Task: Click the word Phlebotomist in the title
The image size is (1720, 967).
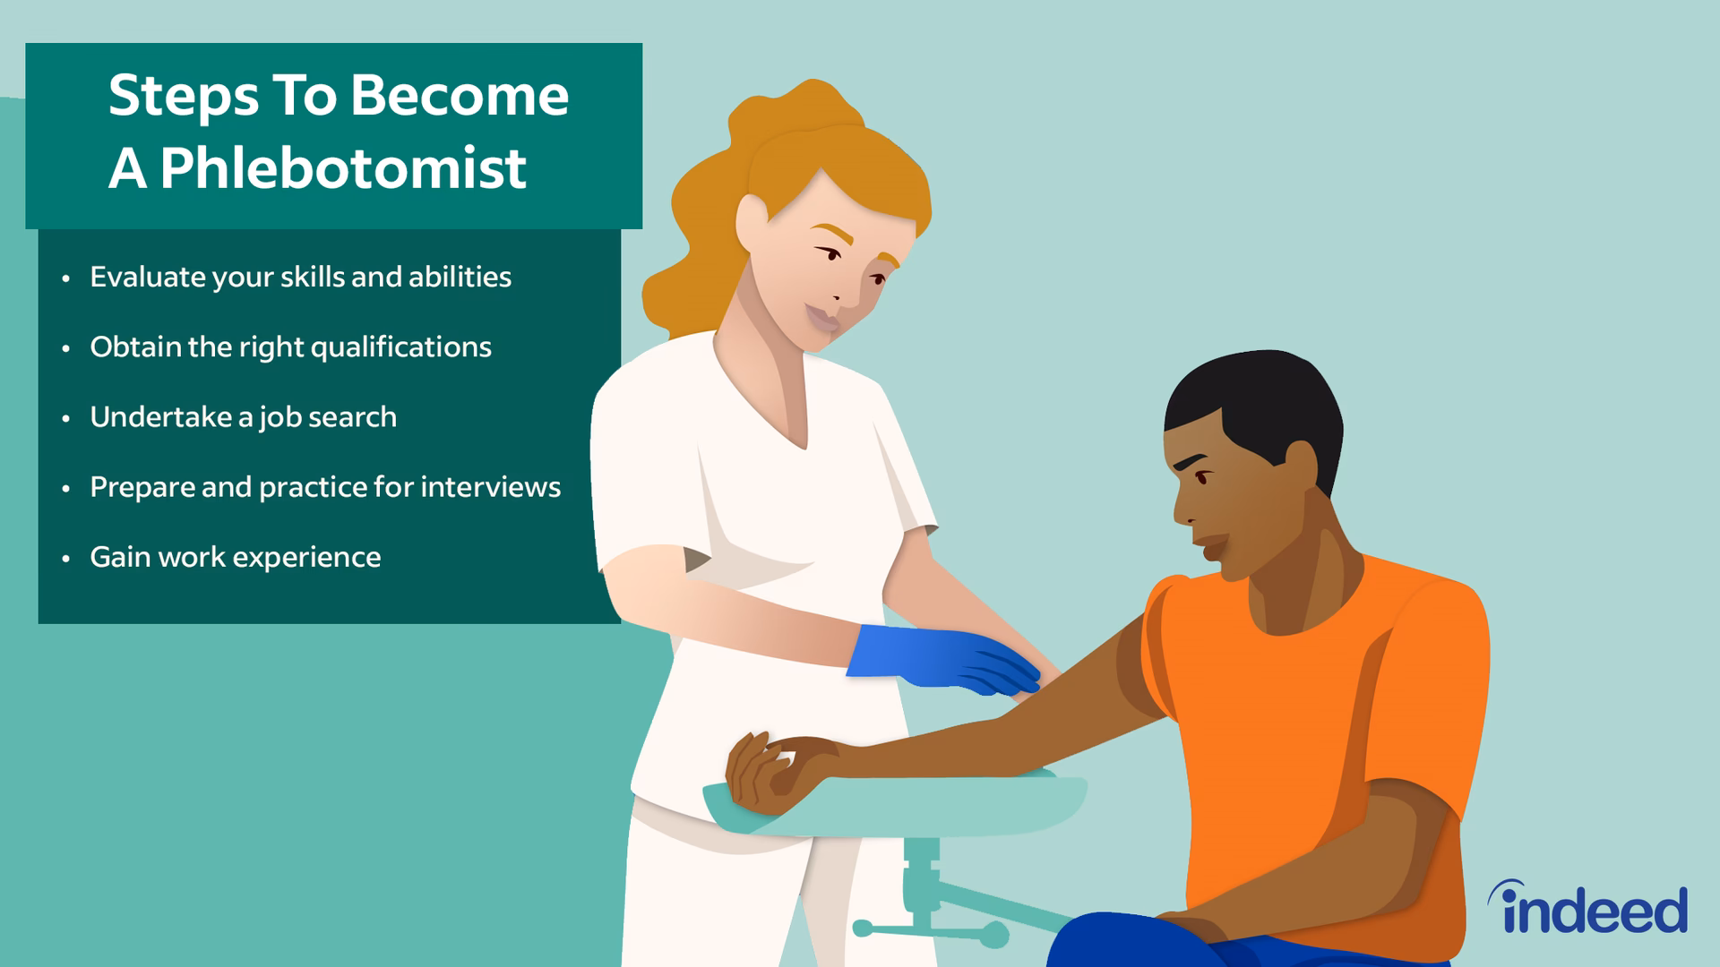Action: point(343,168)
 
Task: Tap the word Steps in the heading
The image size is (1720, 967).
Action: point(183,96)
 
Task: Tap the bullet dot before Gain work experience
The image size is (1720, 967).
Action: point(65,559)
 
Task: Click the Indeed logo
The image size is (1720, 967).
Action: point(1587,908)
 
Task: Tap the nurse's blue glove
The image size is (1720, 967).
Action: point(941,658)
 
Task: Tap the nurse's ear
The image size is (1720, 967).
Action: point(751,224)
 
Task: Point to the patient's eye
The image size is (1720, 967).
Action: point(1200,476)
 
